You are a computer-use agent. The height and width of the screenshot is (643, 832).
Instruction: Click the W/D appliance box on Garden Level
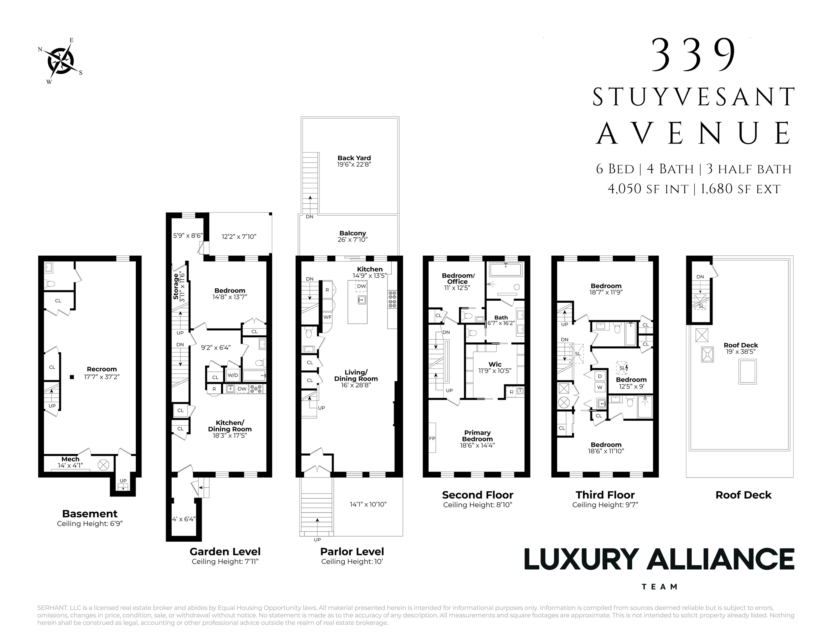(x=233, y=375)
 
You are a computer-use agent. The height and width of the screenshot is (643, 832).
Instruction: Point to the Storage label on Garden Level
(x=176, y=286)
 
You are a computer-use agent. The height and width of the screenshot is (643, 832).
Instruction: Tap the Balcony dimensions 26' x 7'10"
(x=352, y=240)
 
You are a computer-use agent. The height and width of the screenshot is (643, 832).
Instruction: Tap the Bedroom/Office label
(x=458, y=278)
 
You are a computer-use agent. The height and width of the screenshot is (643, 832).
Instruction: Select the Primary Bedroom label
(x=477, y=436)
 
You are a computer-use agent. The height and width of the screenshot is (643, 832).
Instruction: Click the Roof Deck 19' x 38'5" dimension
(x=740, y=352)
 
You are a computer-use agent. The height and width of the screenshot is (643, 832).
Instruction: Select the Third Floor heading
(x=605, y=495)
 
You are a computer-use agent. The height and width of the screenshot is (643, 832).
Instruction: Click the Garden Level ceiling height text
(x=225, y=562)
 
